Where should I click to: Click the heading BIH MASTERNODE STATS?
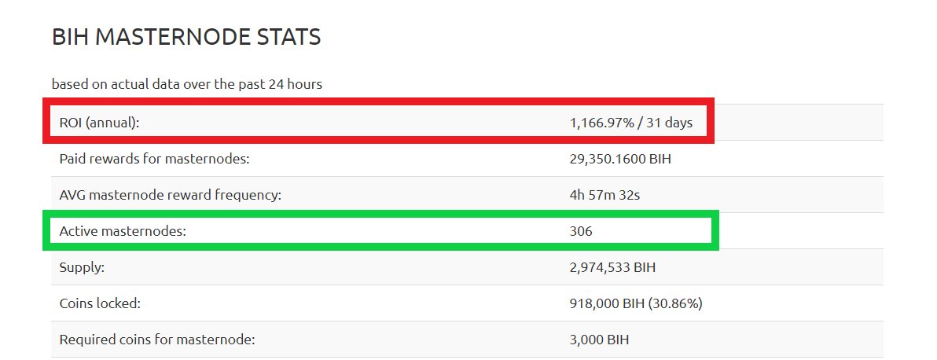pyautogui.click(x=186, y=37)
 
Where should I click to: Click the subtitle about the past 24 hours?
pyautogui.click(x=186, y=83)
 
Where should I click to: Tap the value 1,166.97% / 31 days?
pyautogui.click(x=631, y=123)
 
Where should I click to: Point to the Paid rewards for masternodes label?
pyautogui.click(x=154, y=159)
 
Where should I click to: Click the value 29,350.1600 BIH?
pyautogui.click(x=620, y=159)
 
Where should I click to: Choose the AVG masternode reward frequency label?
pyautogui.click(x=170, y=195)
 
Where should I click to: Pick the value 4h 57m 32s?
pyautogui.click(x=604, y=195)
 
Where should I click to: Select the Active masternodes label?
pyautogui.click(x=123, y=231)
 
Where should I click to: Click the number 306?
pyautogui.click(x=581, y=231)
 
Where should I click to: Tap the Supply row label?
pyautogui.click(x=82, y=267)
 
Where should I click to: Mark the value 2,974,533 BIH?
pyautogui.click(x=612, y=267)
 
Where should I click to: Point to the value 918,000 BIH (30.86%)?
pyautogui.click(x=636, y=303)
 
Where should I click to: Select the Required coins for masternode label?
pyautogui.click(x=157, y=340)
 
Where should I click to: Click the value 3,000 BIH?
pyautogui.click(x=599, y=340)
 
